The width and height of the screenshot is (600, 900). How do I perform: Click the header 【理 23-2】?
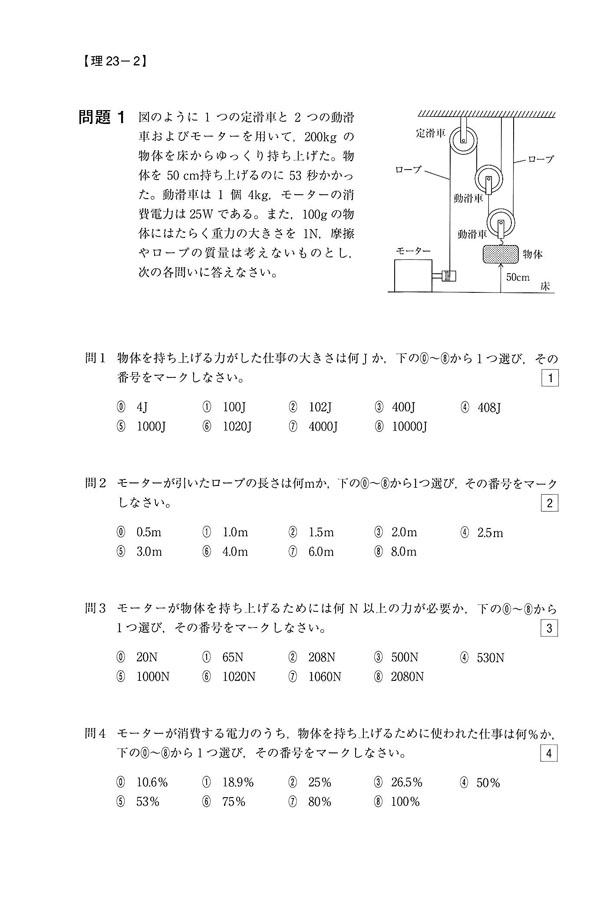coord(111,61)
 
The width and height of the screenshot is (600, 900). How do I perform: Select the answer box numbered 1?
coord(551,377)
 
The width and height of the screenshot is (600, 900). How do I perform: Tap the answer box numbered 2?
coord(551,502)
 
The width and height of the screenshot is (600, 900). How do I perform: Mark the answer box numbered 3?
coord(551,628)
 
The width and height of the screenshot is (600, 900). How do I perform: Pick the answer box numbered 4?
coord(551,753)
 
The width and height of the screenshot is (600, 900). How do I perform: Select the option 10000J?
coord(400,426)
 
